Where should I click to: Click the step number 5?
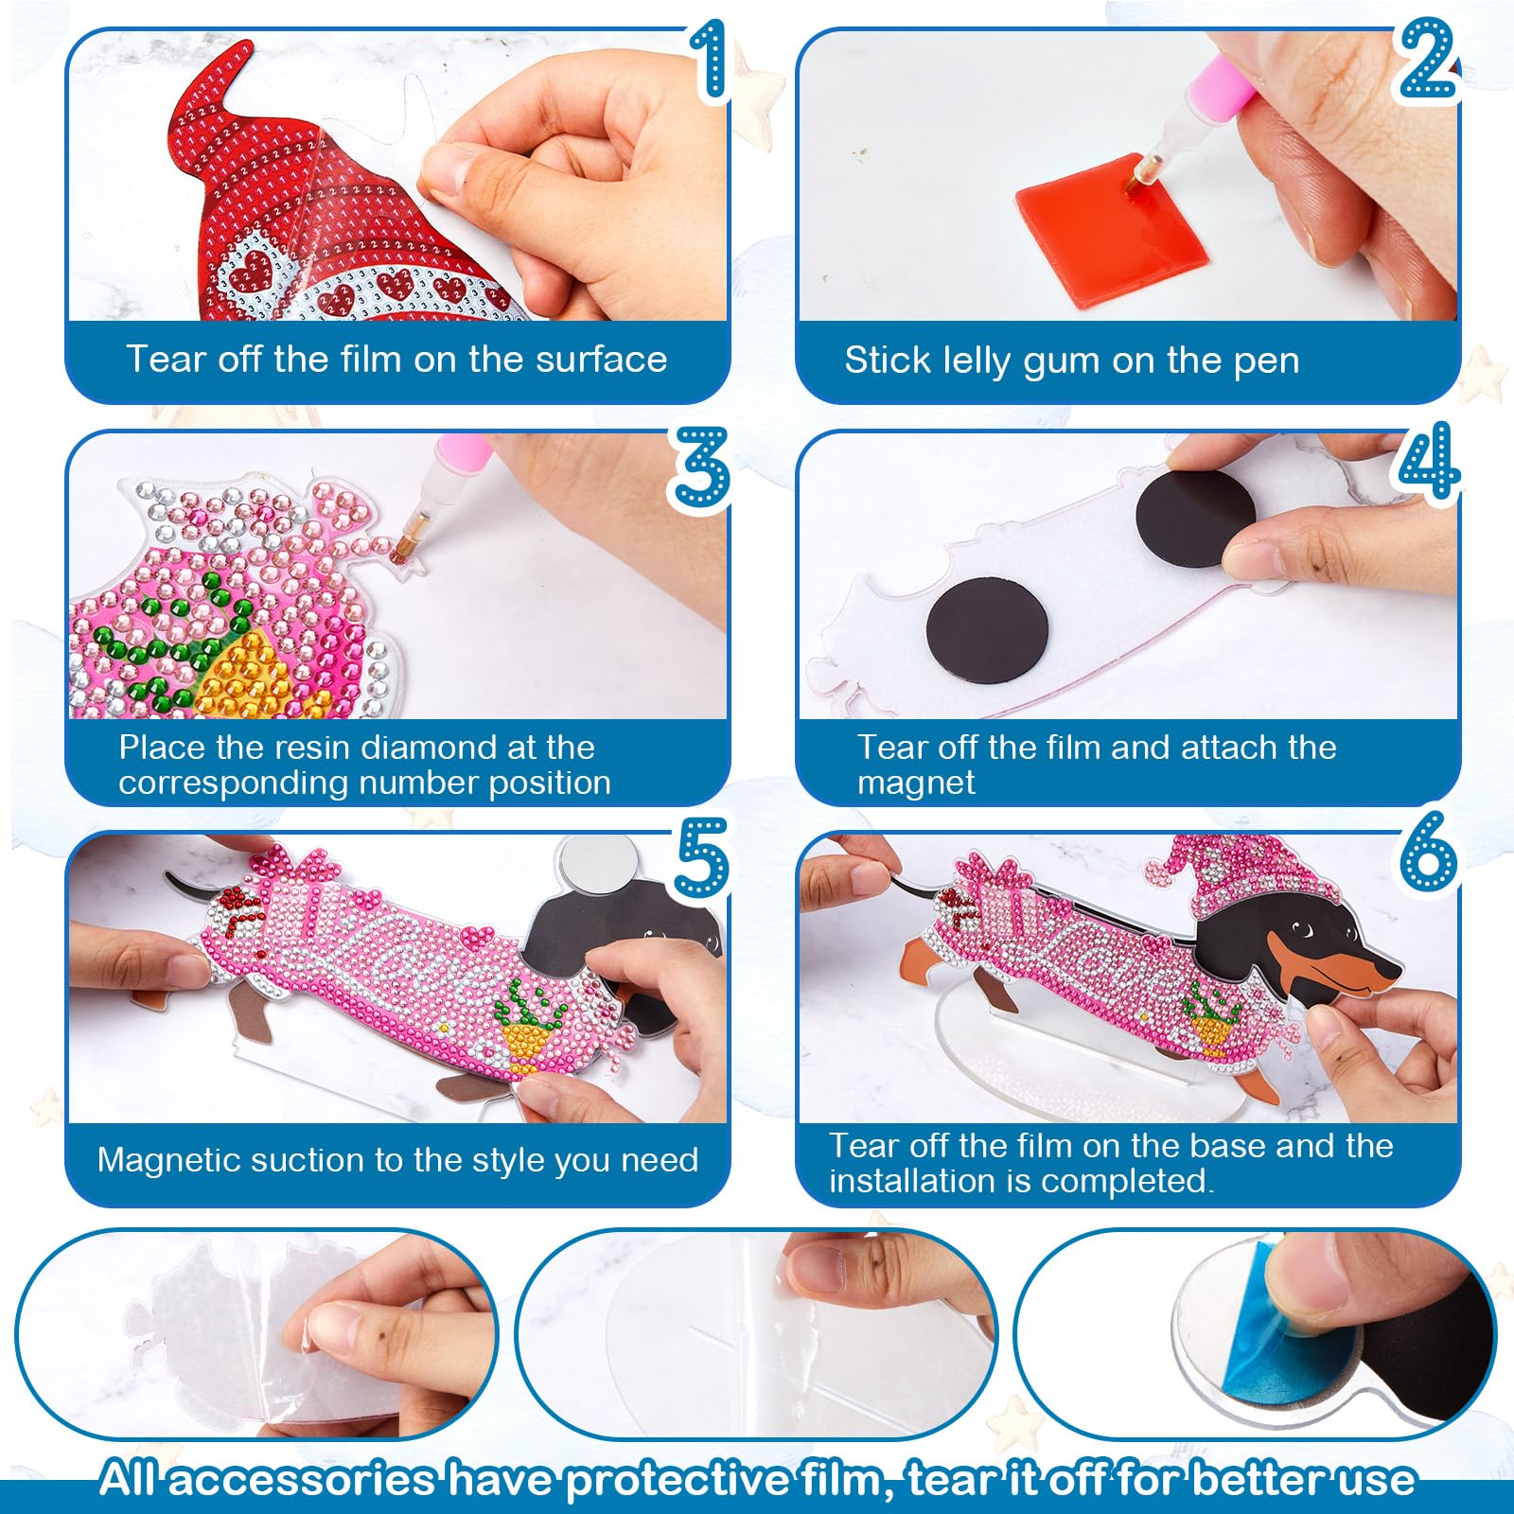coord(701,857)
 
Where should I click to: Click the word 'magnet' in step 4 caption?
coord(916,783)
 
